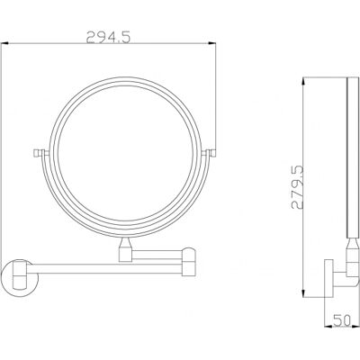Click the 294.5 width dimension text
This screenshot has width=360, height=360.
(x=108, y=38)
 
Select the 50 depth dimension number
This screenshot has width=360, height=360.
(x=342, y=320)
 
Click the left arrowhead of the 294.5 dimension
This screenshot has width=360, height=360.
(x=4, y=44)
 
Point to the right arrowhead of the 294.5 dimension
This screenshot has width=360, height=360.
(x=211, y=44)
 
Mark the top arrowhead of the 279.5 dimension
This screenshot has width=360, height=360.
(x=303, y=81)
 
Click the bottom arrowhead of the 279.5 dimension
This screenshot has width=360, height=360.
(x=303, y=293)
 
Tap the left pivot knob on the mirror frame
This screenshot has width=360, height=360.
(x=37, y=153)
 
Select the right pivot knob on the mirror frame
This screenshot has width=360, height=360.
(x=213, y=153)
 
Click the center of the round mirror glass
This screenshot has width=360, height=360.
(x=125, y=154)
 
